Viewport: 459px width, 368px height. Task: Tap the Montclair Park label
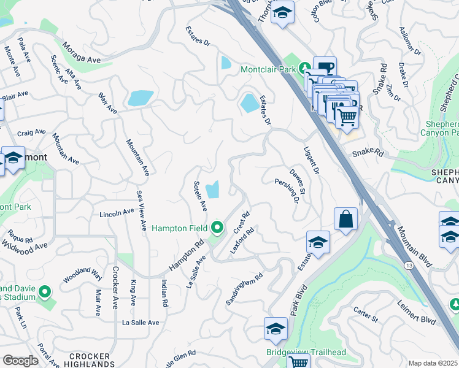click(268, 69)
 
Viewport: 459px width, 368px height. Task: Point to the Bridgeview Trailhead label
click(306, 352)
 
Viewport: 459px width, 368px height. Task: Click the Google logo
click(20, 361)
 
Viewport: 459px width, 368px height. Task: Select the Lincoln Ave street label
click(117, 212)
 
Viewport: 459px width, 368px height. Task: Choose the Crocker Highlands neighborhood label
click(90, 360)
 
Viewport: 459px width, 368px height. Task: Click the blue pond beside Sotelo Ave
click(212, 190)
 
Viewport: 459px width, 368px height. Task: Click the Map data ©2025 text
click(432, 363)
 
